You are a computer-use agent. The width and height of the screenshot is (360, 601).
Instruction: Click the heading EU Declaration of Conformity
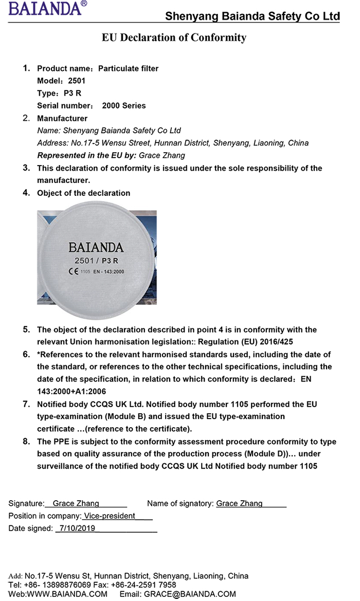174,38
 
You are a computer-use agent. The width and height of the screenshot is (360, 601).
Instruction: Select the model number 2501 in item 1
77,81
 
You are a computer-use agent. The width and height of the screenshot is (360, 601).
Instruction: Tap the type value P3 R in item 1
72,93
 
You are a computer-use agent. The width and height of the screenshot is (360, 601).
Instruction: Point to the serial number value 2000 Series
124,105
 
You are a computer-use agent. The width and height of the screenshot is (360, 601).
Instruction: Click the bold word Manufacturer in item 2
62,118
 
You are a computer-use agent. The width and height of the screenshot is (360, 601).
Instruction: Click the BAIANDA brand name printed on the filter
96,247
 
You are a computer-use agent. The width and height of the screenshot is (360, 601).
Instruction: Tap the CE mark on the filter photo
73,271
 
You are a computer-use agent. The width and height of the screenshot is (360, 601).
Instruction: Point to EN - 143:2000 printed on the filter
109,271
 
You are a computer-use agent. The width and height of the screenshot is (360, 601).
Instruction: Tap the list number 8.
26,441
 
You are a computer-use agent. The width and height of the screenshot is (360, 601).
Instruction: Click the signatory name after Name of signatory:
239,503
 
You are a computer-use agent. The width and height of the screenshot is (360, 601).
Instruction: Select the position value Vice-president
109,516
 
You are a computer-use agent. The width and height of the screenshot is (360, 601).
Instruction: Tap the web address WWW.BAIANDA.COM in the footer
67,594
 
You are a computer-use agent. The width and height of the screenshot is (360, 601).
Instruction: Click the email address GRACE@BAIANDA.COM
190,594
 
